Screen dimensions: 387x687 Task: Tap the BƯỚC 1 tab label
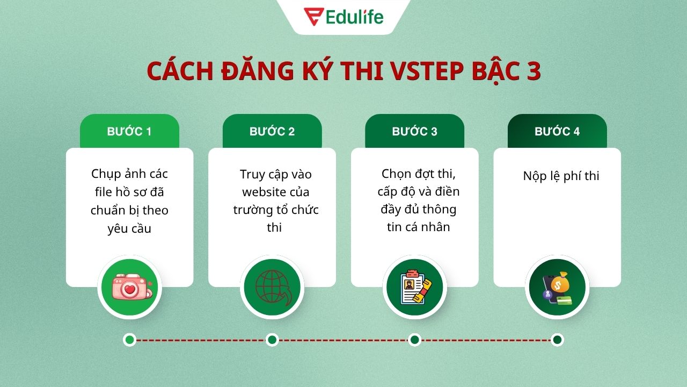pyautogui.click(x=129, y=132)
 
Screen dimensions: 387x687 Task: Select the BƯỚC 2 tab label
pyautogui.click(x=272, y=132)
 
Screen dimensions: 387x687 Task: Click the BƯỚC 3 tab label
pyautogui.click(x=414, y=132)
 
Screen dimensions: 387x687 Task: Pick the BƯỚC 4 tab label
pyautogui.click(x=557, y=132)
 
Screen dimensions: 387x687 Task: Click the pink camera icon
pyautogui.click(x=129, y=288)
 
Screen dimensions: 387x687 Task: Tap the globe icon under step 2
pyautogui.click(x=272, y=288)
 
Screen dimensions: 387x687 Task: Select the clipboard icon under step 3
pyautogui.click(x=414, y=288)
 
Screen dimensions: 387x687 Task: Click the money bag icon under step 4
pyautogui.click(x=557, y=288)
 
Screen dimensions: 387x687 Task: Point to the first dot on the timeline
pyautogui.click(x=129, y=340)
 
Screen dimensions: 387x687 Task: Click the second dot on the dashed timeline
pyautogui.click(x=272, y=340)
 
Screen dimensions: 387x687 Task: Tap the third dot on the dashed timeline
pyautogui.click(x=414, y=340)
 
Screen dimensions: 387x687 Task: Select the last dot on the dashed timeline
pyautogui.click(x=557, y=340)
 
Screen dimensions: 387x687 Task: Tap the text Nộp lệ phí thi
pyautogui.click(x=561, y=176)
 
